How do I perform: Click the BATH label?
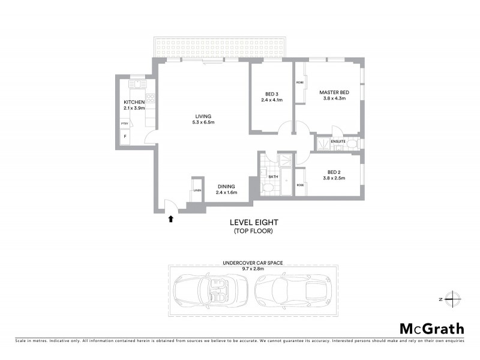(272, 177)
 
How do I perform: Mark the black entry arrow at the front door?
(171, 219)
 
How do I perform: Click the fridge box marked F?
(125, 137)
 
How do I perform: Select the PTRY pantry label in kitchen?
(125, 124)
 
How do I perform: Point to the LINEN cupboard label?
(197, 190)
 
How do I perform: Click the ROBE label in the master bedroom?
(299, 82)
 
